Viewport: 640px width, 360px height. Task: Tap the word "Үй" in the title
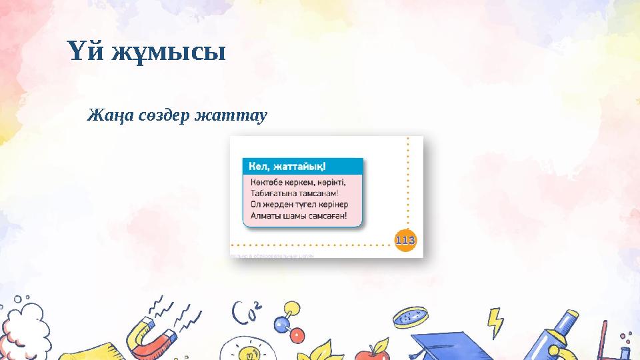coord(85,51)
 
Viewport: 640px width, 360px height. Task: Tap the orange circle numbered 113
coord(405,238)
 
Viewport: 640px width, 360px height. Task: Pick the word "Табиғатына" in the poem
coord(273,193)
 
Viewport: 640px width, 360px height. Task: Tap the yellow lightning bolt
coord(494,323)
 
